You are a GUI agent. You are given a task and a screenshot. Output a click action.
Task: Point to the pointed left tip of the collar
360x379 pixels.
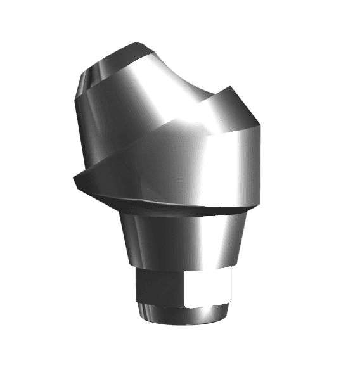point(74,178)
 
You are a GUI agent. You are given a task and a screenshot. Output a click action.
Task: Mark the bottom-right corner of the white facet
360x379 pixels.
point(229,305)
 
